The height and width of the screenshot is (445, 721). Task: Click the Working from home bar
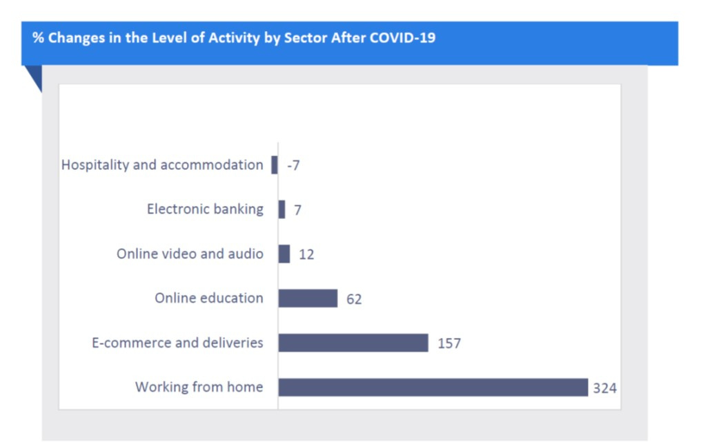[x=433, y=388]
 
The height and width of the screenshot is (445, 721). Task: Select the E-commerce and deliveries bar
[x=353, y=343]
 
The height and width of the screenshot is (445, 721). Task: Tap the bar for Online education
[x=308, y=298]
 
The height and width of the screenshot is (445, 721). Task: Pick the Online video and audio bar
[x=284, y=254]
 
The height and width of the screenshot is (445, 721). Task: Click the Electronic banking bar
[x=282, y=209]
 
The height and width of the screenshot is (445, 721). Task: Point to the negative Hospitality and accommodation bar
[x=275, y=164]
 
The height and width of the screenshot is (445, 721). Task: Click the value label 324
[x=604, y=388]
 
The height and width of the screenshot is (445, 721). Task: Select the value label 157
[x=449, y=343]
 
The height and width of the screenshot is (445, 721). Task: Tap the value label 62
[x=354, y=299]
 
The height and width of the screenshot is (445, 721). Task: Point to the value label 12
[x=307, y=254]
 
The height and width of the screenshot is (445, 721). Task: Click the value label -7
[x=293, y=165]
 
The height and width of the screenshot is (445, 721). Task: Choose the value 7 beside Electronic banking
[x=297, y=210]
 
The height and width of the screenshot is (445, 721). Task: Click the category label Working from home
[x=199, y=387]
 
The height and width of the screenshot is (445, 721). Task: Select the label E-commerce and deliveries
[x=177, y=343]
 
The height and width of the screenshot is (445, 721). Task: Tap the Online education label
[x=209, y=298]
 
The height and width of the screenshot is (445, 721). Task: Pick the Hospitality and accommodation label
[x=162, y=165]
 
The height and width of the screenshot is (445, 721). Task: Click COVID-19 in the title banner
[x=402, y=38]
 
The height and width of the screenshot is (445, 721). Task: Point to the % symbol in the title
[x=38, y=38]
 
